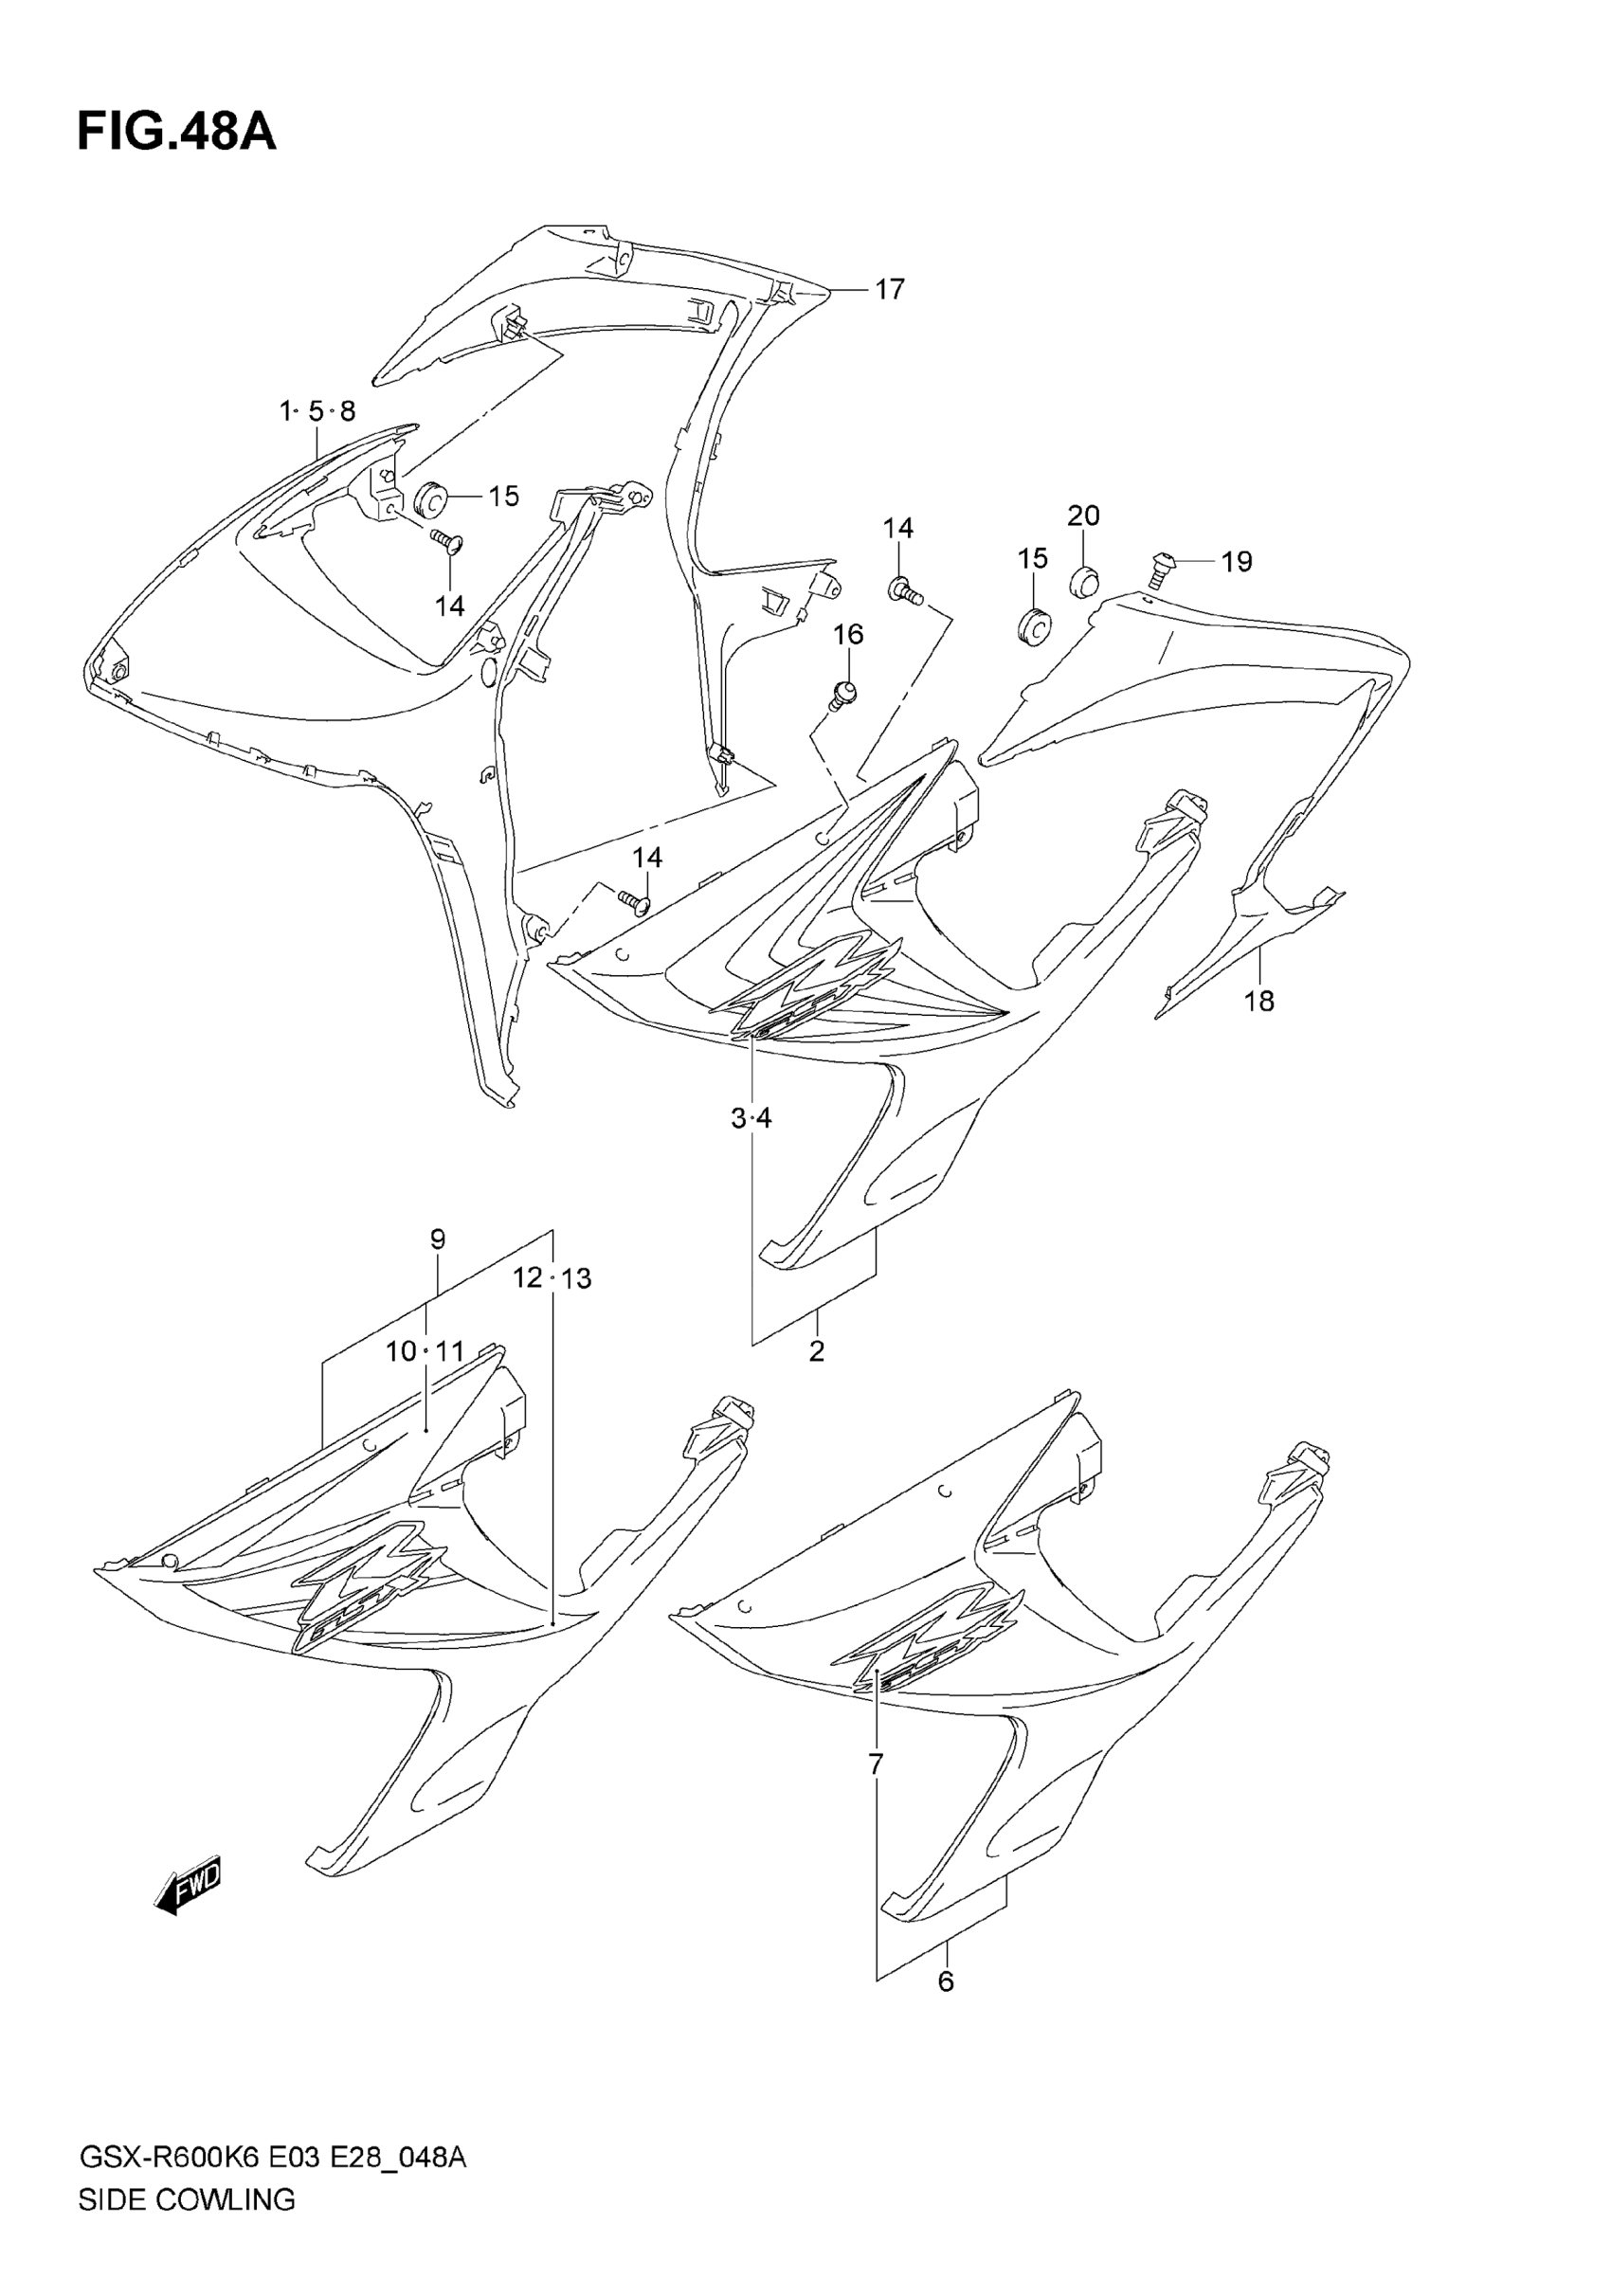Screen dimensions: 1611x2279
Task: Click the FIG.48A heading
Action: coord(176,132)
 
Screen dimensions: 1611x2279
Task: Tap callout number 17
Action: coord(890,289)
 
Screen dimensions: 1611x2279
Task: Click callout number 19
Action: coord(1236,562)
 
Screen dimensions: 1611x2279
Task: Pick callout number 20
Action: coord(1084,515)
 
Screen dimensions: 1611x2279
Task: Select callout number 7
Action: coord(876,1764)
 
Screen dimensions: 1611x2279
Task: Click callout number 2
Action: coord(817,1351)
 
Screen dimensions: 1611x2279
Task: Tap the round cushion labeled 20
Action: coord(1084,581)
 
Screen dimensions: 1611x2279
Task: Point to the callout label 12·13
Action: coord(552,1277)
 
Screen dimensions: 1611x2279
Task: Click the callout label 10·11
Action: coord(425,1351)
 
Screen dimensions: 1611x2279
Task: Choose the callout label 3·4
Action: coord(751,1119)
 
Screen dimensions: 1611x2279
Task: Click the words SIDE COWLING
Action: coord(187,2228)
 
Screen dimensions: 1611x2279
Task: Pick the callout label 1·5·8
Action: coord(317,411)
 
